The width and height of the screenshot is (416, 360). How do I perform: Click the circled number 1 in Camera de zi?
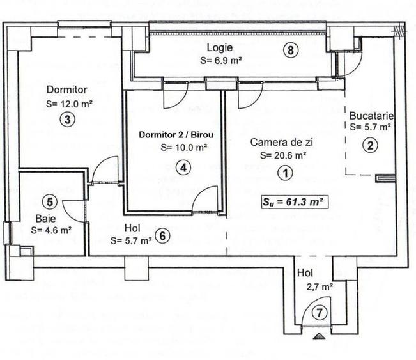click(282, 171)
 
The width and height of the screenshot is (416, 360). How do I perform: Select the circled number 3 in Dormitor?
click(65, 118)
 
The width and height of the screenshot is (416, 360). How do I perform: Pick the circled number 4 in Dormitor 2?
click(183, 168)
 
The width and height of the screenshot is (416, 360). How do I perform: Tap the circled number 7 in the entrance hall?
click(318, 312)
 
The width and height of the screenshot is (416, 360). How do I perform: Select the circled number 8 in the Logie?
click(291, 52)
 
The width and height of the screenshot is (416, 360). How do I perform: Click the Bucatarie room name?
click(371, 116)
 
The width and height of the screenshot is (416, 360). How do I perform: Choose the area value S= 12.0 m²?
click(70, 102)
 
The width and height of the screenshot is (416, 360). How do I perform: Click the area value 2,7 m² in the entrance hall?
click(317, 287)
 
